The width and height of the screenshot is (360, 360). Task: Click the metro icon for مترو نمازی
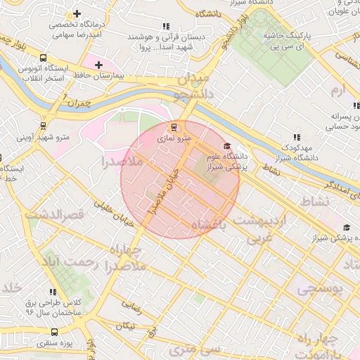point(174,127)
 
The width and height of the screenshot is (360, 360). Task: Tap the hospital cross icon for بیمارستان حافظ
point(99,65)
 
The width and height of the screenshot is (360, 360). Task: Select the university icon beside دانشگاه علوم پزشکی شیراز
point(226,146)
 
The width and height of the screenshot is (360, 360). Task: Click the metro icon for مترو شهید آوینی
point(44,126)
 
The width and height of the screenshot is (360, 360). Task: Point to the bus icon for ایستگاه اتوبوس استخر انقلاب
point(44,58)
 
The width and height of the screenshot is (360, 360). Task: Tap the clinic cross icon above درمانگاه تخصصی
point(76,14)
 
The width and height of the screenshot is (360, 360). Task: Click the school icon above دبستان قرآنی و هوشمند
point(165,26)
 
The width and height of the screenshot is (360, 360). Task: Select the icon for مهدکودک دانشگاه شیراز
point(296,136)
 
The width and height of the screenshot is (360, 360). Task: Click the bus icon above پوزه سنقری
point(55,331)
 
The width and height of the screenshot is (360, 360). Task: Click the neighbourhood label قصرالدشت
point(55,213)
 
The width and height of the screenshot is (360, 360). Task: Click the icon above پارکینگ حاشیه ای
point(275,18)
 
